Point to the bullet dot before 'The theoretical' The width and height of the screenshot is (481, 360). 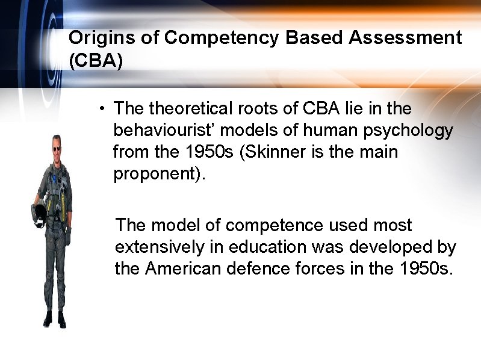(x=104, y=109)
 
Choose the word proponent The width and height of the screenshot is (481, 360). (x=155, y=174)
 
